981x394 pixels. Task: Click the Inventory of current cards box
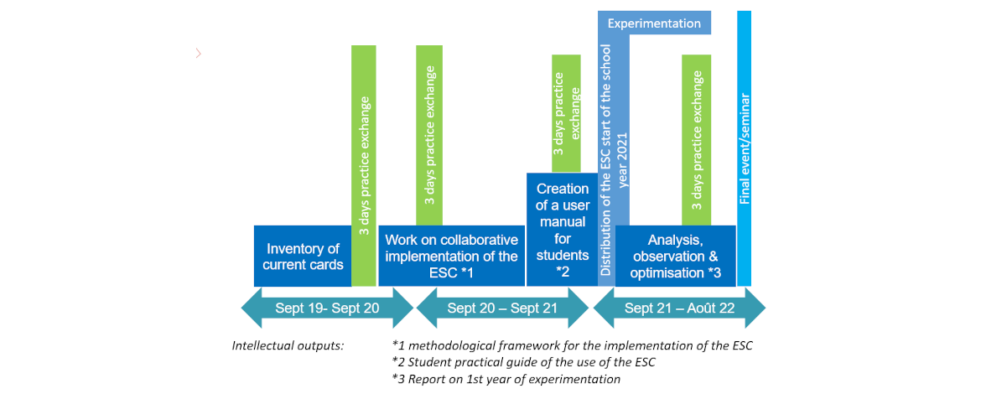(x=303, y=256)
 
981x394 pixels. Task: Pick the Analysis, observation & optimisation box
(x=675, y=256)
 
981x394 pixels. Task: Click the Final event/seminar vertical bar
(x=744, y=151)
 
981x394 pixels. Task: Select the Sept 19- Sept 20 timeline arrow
(x=327, y=308)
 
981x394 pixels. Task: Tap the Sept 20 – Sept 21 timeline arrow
(x=502, y=308)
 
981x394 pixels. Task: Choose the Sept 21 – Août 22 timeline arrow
(x=679, y=308)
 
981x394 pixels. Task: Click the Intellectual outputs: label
(x=288, y=345)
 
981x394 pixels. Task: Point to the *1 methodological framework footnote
(x=572, y=345)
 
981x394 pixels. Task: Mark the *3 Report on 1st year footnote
(x=506, y=379)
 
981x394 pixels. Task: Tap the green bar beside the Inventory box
(x=364, y=165)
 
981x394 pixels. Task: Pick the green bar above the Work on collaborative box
(x=428, y=134)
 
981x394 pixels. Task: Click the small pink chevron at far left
(x=198, y=54)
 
